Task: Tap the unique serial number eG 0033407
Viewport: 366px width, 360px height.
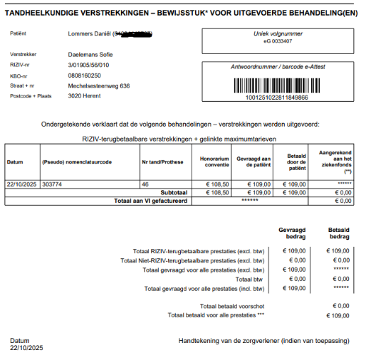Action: click(277, 41)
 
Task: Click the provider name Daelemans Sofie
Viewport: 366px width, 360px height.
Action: click(90, 54)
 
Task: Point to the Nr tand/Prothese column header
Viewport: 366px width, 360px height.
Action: click(163, 162)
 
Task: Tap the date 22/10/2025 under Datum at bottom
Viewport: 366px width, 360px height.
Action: click(26, 348)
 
